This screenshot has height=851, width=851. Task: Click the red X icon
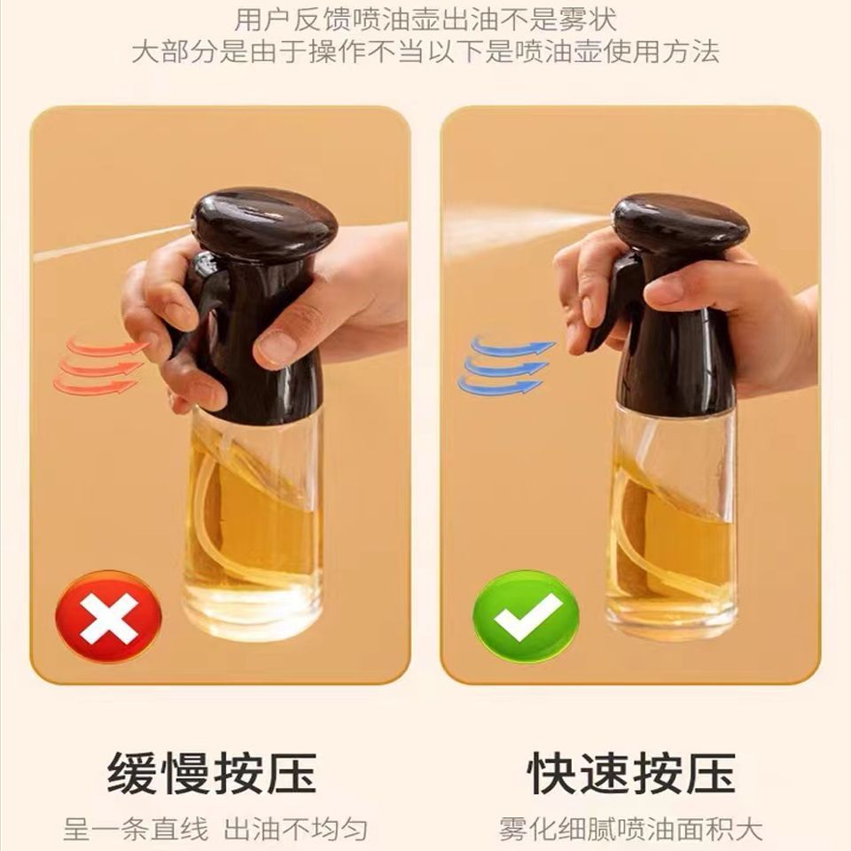pyautogui.click(x=108, y=617)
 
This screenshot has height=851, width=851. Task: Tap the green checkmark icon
pyautogui.click(x=527, y=617)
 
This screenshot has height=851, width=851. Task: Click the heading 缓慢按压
pyautogui.click(x=212, y=773)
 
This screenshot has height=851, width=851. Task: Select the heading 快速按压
pyautogui.click(x=631, y=773)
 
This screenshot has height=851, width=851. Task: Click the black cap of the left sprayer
pyautogui.click(x=265, y=223)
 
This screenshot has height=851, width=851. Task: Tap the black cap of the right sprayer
pyautogui.click(x=681, y=228)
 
